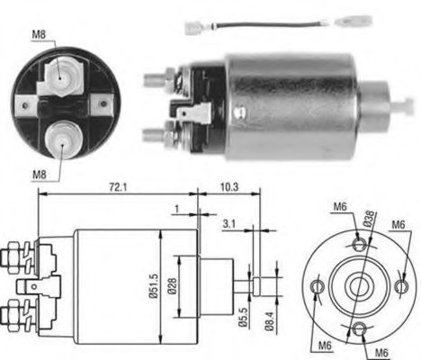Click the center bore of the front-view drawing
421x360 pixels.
pyautogui.click(x=356, y=286)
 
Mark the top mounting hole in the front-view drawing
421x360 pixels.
pyautogui.click(x=359, y=244)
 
